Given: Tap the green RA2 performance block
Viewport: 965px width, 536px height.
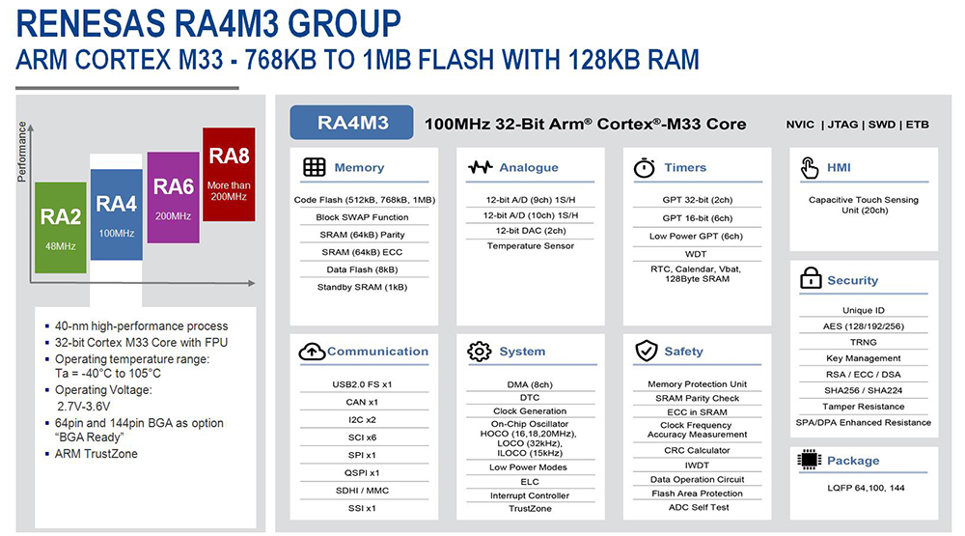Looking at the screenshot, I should click(x=60, y=226).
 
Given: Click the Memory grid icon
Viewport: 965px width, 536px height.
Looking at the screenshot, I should click(x=315, y=167).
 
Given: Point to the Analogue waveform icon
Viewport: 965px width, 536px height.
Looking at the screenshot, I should click(x=480, y=167).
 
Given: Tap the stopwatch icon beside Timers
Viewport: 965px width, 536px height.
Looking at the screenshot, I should click(x=645, y=167).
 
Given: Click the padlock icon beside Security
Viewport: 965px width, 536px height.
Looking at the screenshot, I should click(x=811, y=280).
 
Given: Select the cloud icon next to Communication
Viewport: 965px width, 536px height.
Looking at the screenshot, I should click(x=313, y=352).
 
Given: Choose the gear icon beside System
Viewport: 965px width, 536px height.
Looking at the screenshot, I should click(x=480, y=352).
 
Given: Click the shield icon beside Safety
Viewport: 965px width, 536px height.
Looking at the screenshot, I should click(x=646, y=352).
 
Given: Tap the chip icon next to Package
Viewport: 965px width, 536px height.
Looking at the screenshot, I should click(x=810, y=461).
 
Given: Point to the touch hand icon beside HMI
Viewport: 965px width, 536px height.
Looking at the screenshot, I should click(x=811, y=168).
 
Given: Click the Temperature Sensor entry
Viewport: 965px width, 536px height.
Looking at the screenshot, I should click(x=530, y=246).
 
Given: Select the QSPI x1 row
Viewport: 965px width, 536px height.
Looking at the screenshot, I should click(x=362, y=473).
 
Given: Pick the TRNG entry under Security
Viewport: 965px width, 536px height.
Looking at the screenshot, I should click(x=864, y=342).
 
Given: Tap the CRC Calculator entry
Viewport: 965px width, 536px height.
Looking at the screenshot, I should click(x=697, y=451).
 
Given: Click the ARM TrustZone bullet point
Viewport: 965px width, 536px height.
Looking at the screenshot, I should click(x=96, y=454).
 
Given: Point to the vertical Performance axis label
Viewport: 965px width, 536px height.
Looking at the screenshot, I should click(x=22, y=151).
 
